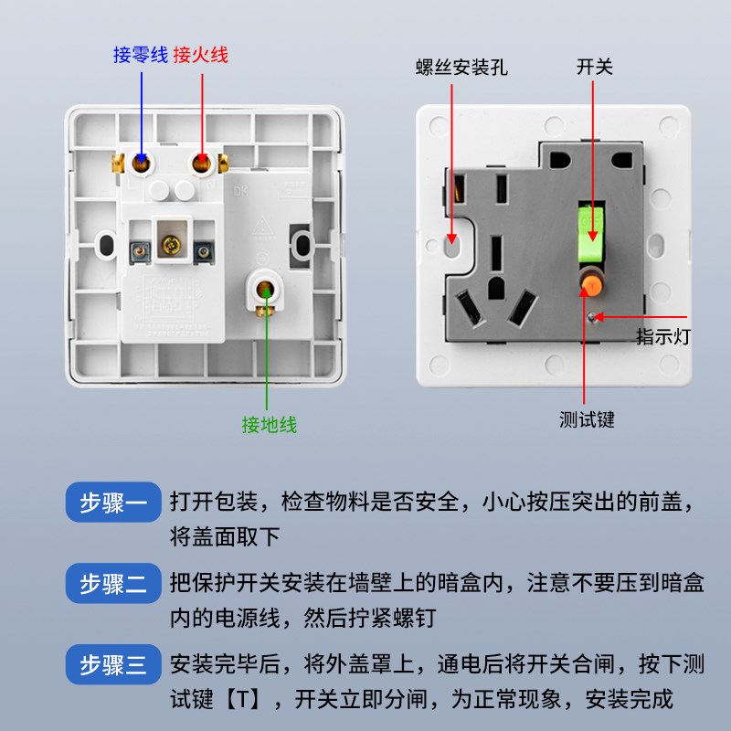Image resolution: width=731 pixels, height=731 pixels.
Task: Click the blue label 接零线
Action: point(140,55)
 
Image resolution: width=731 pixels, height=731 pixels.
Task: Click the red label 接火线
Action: point(200,55)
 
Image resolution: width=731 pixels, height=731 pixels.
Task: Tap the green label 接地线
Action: point(269,424)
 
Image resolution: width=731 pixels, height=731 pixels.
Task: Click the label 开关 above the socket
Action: point(594,68)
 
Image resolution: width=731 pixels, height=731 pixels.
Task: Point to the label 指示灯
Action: point(663,337)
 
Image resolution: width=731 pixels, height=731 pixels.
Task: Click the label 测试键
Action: point(587,419)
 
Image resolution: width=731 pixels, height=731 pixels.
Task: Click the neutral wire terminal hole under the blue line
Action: point(142,164)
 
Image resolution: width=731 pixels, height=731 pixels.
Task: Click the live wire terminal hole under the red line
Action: point(200,164)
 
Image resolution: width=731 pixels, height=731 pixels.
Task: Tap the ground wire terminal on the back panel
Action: point(266,291)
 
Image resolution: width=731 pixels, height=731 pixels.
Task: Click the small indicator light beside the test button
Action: point(595,317)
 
